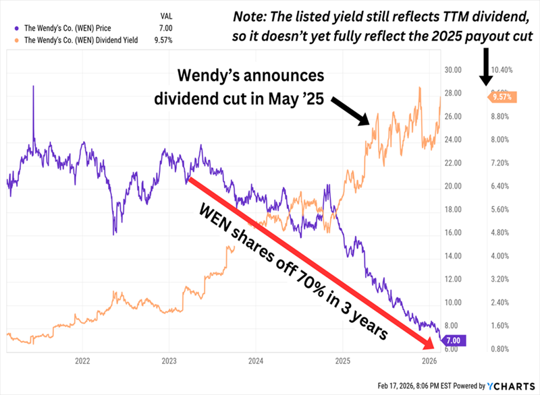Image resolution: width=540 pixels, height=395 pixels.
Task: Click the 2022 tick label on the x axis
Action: tap(82, 361)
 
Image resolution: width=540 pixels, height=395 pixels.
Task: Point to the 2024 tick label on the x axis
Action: tap(255, 361)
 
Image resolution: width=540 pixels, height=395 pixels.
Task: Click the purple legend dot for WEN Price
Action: tap(16, 28)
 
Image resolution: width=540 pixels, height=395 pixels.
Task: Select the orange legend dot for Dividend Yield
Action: tap(16, 40)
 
